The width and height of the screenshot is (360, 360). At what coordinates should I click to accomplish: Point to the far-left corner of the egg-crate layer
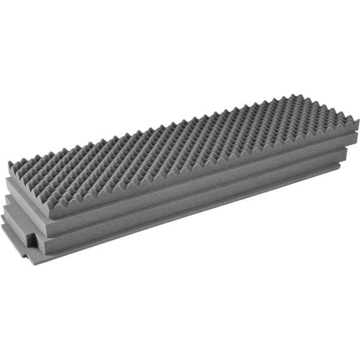coord(10,163)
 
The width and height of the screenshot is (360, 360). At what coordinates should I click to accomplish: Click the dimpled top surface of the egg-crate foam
coord(180,144)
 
